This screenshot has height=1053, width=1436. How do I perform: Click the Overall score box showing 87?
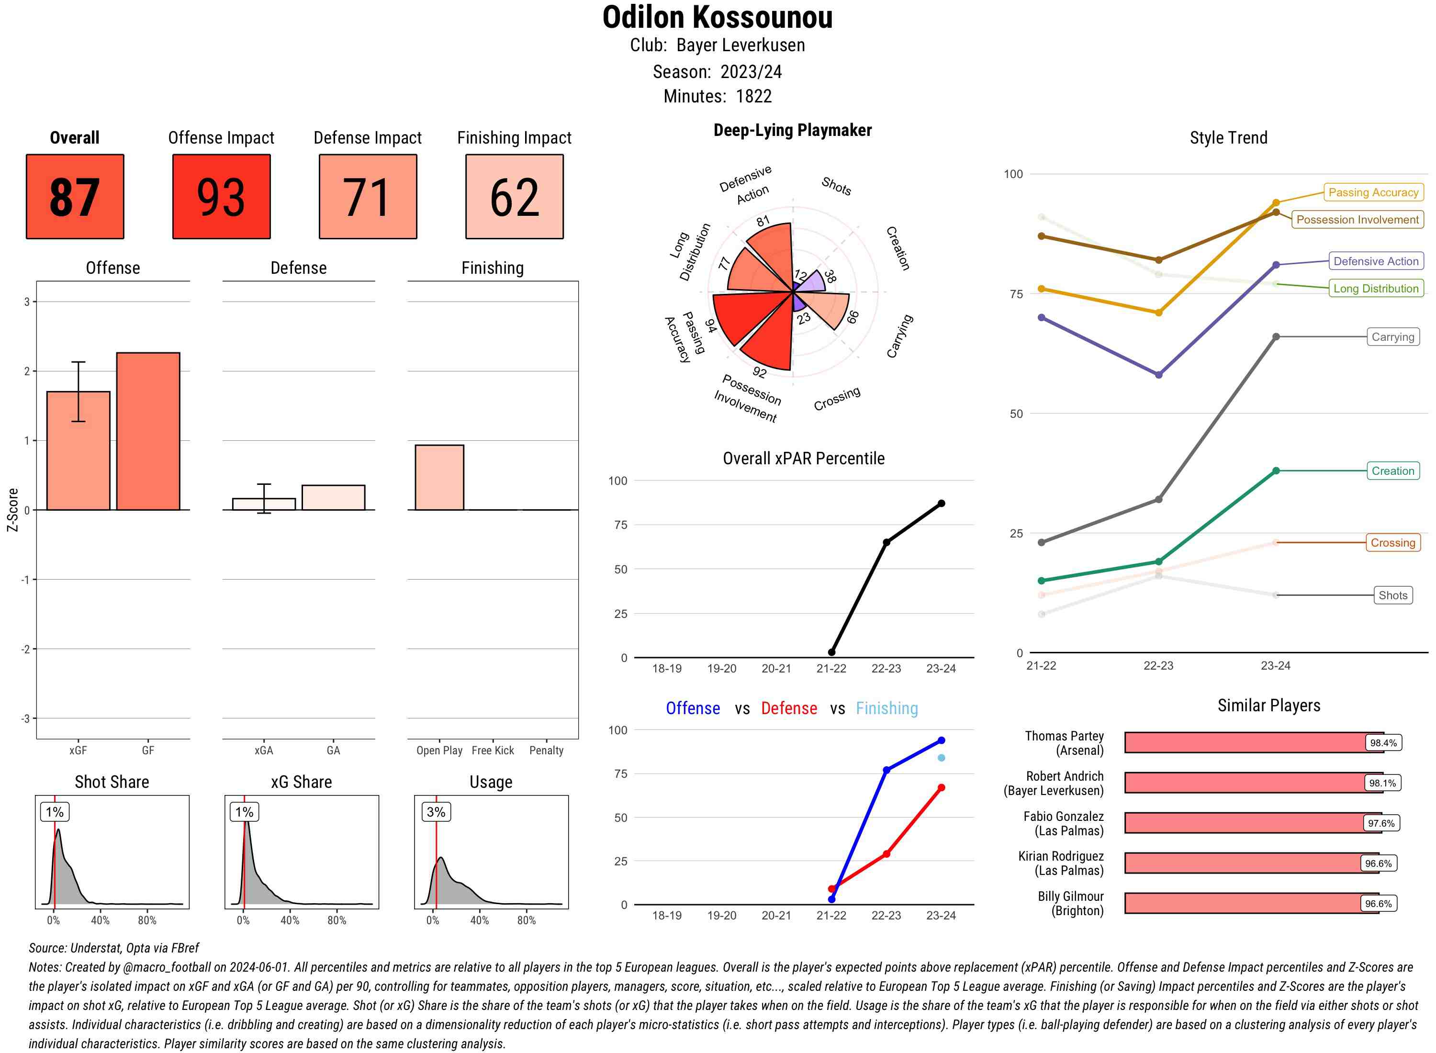[x=75, y=196]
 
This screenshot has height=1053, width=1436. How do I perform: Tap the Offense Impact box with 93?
[x=221, y=196]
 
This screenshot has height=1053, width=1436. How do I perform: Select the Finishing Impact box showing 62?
[x=515, y=196]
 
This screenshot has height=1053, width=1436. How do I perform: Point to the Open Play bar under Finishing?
[x=439, y=477]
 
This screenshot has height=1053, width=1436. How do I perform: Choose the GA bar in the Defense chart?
[x=333, y=498]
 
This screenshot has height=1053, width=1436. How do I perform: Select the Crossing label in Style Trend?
[x=1392, y=542]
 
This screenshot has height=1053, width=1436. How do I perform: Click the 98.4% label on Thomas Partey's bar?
[x=1383, y=742]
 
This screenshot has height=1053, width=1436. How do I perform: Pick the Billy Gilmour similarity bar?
[x=1251, y=903]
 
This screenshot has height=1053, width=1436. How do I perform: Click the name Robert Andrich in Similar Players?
[x=1065, y=776]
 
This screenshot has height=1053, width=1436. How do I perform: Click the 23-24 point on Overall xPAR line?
[x=941, y=504]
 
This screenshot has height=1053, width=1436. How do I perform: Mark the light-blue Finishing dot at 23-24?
[x=941, y=758]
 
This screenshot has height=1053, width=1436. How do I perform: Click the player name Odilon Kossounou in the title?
[x=717, y=18]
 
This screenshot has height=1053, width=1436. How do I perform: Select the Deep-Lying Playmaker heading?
[x=792, y=130]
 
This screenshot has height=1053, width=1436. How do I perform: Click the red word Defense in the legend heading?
[x=788, y=708]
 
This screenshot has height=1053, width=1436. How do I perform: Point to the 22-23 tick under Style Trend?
[x=1158, y=665]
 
